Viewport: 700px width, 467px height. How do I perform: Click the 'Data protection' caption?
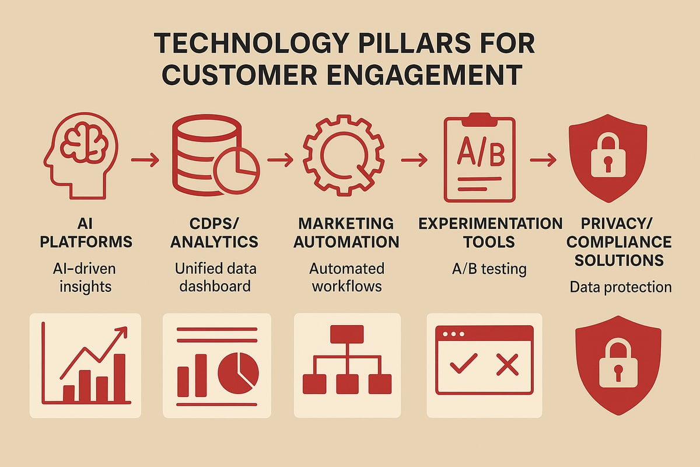coord(621,287)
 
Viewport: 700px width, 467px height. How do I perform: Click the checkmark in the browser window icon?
coord(464,366)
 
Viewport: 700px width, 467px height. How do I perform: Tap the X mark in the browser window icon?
coord(506,366)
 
